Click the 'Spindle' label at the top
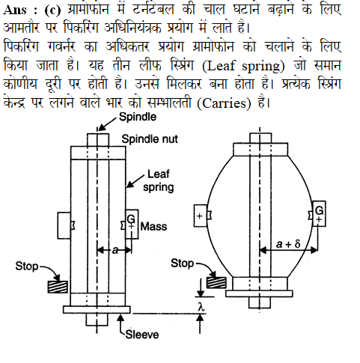[x=138, y=117]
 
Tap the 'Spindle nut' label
[x=150, y=139]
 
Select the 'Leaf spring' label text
[x=159, y=180]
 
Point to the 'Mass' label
[x=153, y=227]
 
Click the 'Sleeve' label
[x=142, y=335]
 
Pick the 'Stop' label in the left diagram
[x=27, y=266]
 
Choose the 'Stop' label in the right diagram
[x=182, y=263]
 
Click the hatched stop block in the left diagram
[x=58, y=287]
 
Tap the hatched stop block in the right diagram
[x=216, y=283]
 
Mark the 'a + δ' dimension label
[x=288, y=244]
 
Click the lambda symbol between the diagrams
[x=201, y=307]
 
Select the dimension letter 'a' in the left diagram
[x=115, y=250]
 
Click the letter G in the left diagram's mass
[x=131, y=219]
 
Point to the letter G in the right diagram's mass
[x=320, y=211]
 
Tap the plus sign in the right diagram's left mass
[x=199, y=216]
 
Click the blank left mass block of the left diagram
[x=64, y=225]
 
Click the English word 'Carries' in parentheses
[x=224, y=103]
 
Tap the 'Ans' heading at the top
[x=15, y=10]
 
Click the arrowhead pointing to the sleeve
[x=120, y=318]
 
